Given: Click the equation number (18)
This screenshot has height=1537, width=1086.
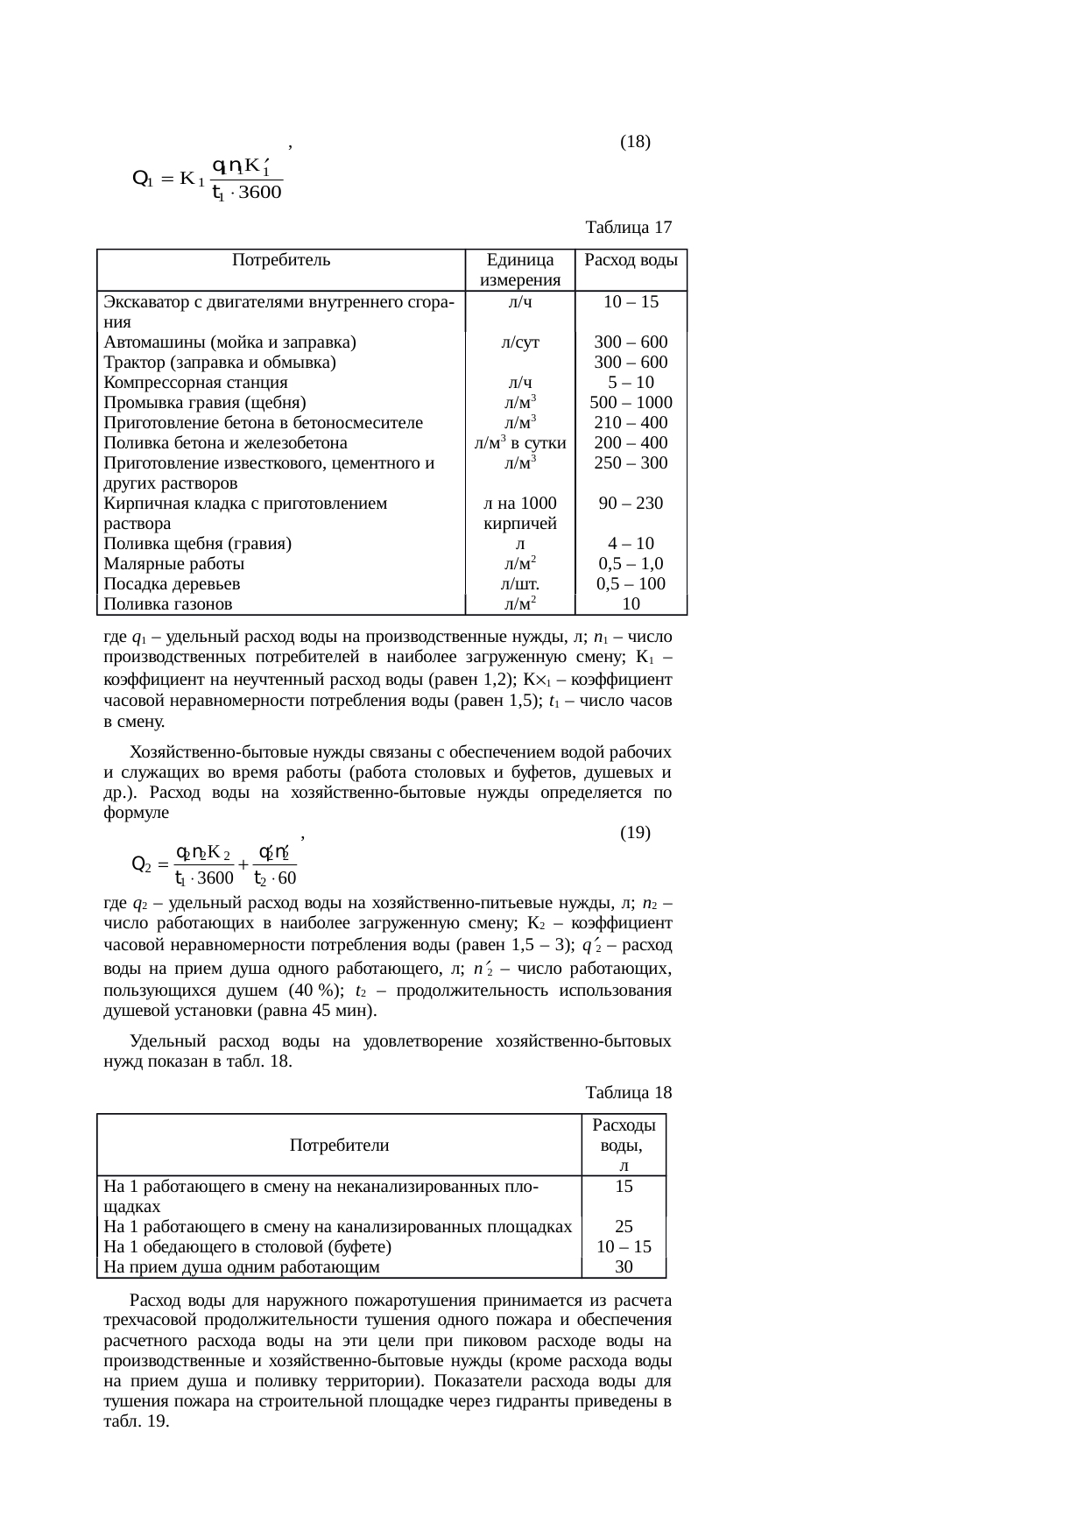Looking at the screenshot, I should [634, 141].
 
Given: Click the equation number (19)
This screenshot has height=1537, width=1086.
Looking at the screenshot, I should [634, 833].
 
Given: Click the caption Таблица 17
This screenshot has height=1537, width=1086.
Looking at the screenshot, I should [628, 228].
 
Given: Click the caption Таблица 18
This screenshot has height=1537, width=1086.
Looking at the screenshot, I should [628, 1092].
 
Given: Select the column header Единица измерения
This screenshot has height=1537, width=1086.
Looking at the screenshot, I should [520, 270].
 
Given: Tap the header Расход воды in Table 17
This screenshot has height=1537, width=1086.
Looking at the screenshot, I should [631, 260].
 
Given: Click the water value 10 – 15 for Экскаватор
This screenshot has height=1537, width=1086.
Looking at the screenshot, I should [631, 301].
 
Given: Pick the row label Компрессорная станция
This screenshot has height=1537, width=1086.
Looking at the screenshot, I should [195, 383].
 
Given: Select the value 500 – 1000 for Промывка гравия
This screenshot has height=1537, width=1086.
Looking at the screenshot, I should [631, 403].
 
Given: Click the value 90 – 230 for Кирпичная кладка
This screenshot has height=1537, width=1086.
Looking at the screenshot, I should [631, 504].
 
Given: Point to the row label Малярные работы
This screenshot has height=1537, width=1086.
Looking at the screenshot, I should [173, 564].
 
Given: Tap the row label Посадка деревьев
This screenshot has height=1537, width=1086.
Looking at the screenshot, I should [172, 584].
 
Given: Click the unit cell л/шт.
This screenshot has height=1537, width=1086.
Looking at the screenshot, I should [520, 584].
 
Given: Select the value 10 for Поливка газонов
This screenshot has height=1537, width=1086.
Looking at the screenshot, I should [631, 604].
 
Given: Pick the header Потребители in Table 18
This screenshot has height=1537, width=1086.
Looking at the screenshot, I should [339, 1145].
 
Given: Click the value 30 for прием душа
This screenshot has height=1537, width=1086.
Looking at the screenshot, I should [624, 1266].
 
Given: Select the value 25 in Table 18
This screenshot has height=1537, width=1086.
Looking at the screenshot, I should [624, 1227].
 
